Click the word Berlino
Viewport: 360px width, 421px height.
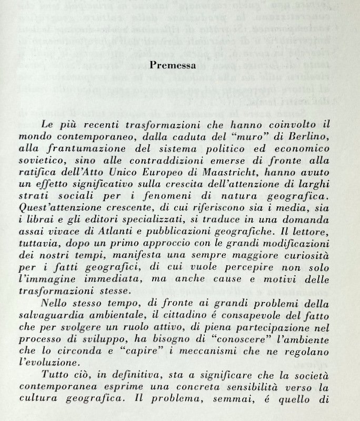click(306, 137)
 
